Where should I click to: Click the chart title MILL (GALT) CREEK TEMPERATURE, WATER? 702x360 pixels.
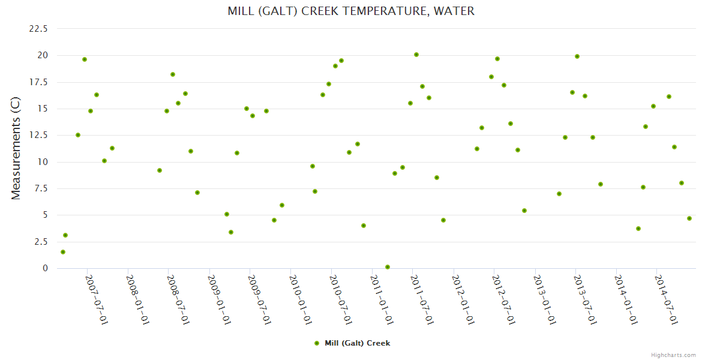[351, 11]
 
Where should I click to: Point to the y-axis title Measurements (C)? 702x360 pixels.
[16, 148]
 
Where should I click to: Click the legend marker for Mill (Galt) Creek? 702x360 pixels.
[317, 343]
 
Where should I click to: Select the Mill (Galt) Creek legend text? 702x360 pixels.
[357, 343]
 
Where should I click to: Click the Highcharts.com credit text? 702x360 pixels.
[673, 355]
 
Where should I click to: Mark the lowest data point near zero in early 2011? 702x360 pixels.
[388, 267]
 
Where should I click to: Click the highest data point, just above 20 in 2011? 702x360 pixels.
[416, 55]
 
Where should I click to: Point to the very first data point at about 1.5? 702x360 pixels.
[63, 252]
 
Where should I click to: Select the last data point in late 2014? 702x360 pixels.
[689, 218]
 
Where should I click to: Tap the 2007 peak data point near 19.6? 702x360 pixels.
[85, 59]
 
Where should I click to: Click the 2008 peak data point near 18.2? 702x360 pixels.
[173, 74]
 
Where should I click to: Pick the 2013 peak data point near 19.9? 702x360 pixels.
[577, 56]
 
